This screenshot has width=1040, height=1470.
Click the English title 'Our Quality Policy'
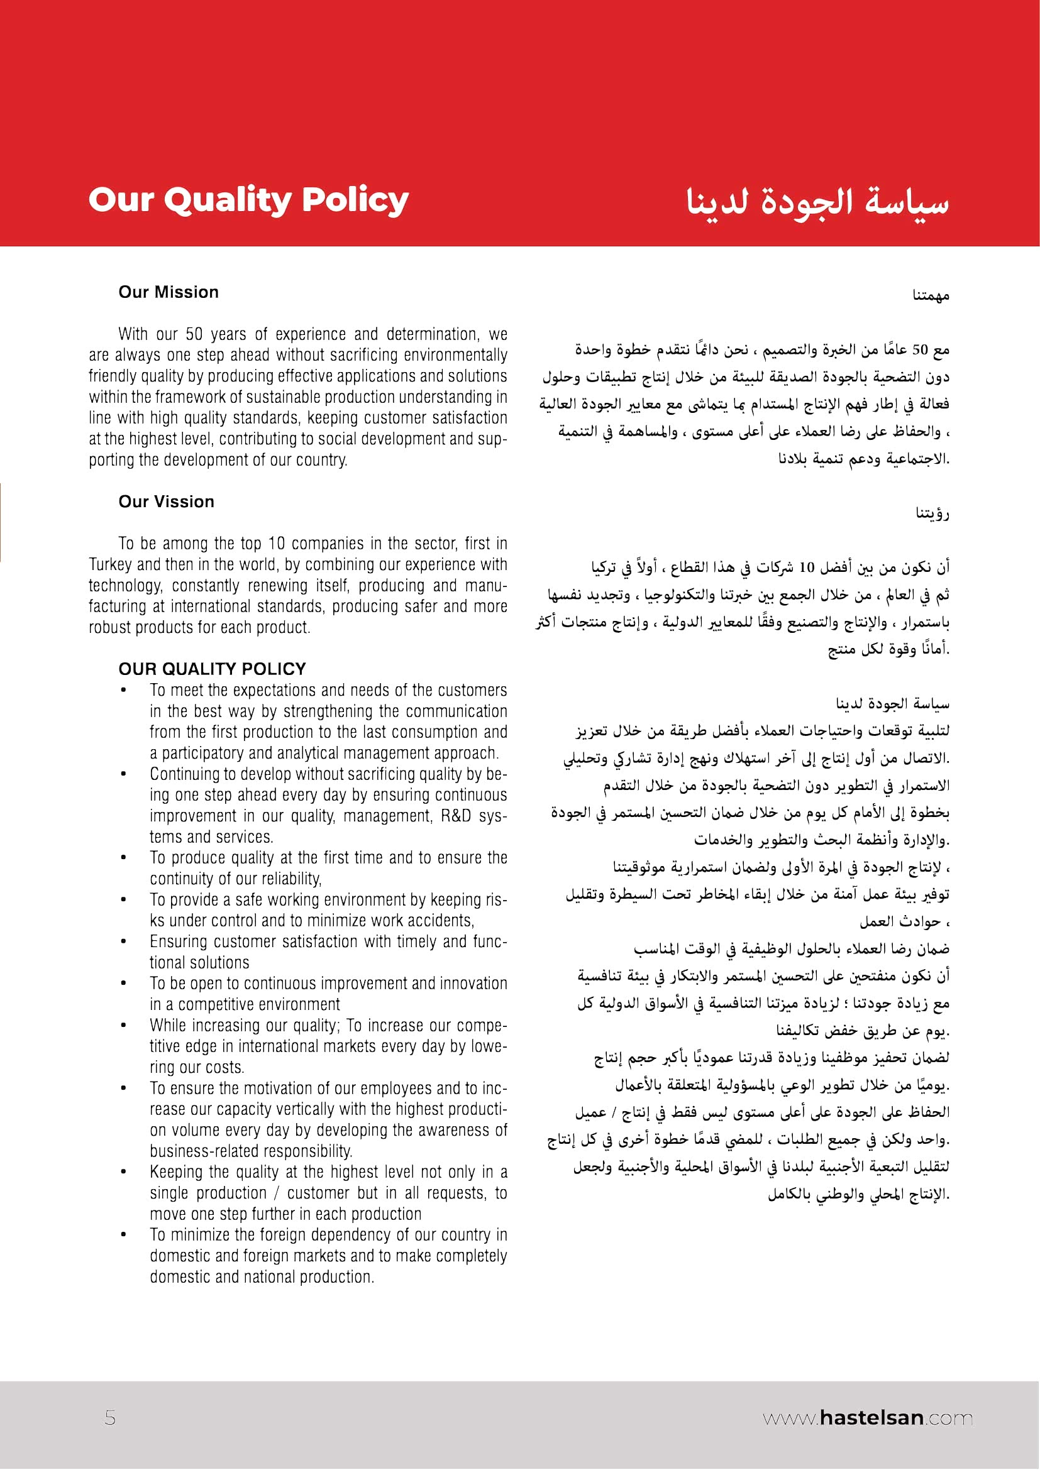[248, 200]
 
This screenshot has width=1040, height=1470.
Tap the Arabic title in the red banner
[817, 202]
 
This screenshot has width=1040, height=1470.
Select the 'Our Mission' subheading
[169, 292]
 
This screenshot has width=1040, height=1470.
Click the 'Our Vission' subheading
[167, 502]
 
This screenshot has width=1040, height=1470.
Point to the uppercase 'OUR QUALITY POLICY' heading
[212, 669]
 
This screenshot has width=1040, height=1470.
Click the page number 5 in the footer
[110, 1417]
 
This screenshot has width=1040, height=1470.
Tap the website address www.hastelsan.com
[867, 1417]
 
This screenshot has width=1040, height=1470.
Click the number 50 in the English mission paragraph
[194, 334]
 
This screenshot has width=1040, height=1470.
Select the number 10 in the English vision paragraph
[276, 543]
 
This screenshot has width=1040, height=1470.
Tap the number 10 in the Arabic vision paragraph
[807, 568]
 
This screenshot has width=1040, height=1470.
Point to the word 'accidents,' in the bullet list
[442, 921]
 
